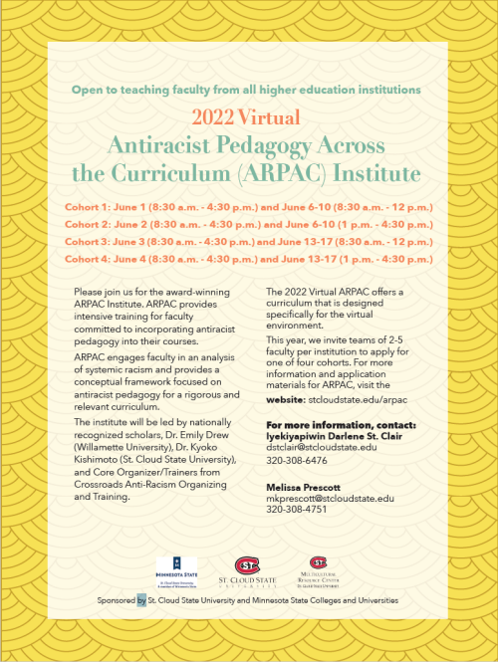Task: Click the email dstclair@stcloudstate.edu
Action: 322,447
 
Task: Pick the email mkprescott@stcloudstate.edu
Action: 330,497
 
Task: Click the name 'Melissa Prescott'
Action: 304,485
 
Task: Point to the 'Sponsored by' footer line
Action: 248,601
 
